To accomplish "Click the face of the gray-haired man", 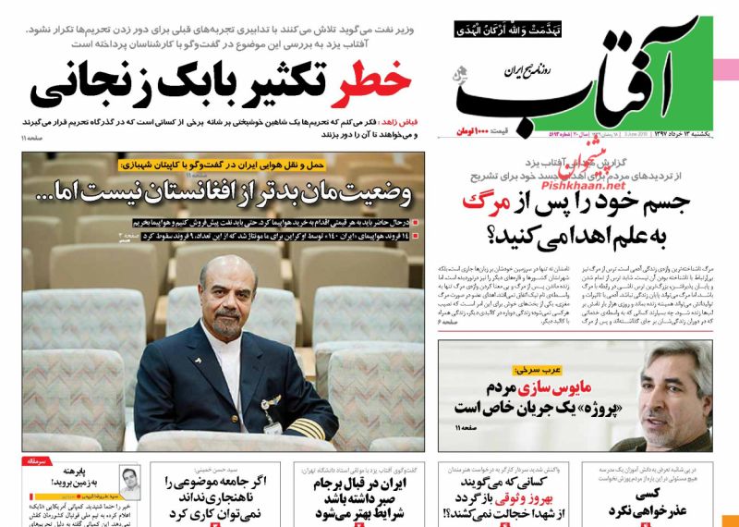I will [x=657, y=382].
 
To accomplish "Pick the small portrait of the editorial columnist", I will [x=129, y=482].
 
